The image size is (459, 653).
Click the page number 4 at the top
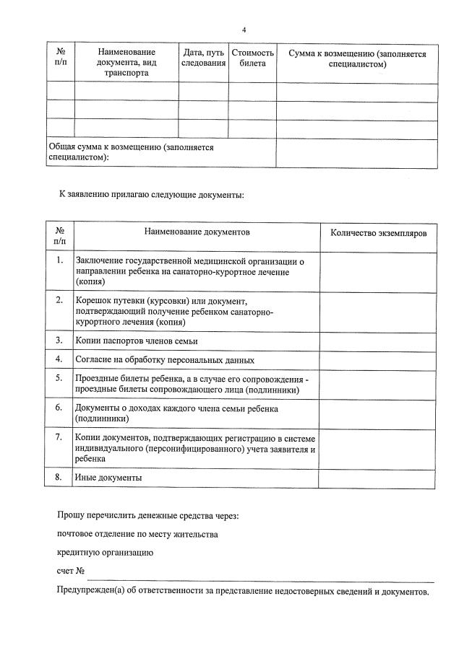click(244, 30)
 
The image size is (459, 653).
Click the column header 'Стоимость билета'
click(252, 58)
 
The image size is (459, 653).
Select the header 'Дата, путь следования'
click(203, 58)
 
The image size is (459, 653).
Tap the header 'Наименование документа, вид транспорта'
click(126, 63)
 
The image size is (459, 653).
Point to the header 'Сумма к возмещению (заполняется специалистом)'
click(357, 58)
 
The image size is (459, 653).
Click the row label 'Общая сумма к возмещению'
click(131, 152)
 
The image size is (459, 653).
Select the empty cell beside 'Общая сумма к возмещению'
click(356, 153)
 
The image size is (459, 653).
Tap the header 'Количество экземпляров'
click(378, 234)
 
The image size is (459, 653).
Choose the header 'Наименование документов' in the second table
click(197, 233)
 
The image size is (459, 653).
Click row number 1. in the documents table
click(59, 260)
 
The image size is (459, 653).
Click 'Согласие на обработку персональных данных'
click(165, 359)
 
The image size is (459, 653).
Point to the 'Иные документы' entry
click(108, 478)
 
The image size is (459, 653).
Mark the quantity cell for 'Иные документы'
click(378, 478)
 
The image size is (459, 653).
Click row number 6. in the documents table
click(59, 408)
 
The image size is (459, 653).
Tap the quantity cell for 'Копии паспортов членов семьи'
click(378, 340)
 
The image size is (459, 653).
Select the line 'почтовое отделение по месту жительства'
click(137, 535)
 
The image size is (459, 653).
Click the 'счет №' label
click(72, 571)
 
